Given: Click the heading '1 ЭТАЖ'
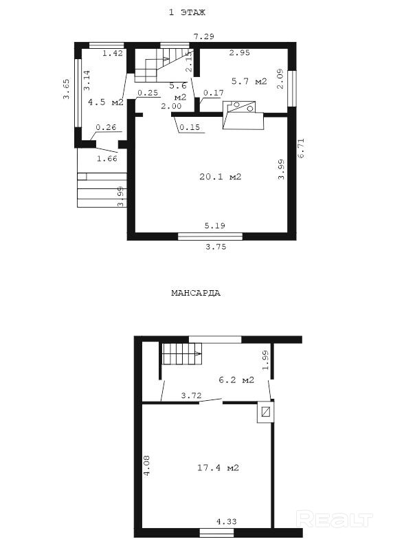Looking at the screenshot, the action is [x=187, y=12].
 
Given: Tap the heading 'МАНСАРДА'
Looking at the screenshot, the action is [x=196, y=293].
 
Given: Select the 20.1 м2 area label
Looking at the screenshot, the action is [x=221, y=177].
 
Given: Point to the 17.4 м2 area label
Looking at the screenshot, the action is [x=218, y=468].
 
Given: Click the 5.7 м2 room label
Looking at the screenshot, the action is [x=249, y=81].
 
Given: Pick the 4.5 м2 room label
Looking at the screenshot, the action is [x=106, y=102].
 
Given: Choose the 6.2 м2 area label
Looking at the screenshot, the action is [x=236, y=380].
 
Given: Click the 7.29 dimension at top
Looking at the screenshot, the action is [x=204, y=36].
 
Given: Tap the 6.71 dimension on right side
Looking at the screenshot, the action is [x=301, y=149].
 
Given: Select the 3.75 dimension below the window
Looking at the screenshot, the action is [x=216, y=247].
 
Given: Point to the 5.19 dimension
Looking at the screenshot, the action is [x=215, y=226].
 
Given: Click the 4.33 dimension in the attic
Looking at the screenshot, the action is [x=226, y=522].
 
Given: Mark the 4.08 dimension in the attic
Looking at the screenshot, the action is [x=147, y=465].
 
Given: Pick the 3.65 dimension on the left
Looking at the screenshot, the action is [x=67, y=89].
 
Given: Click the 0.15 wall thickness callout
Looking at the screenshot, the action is [x=190, y=127].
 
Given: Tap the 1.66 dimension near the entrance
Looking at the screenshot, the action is [x=107, y=159].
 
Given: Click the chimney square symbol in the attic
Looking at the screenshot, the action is [x=266, y=412].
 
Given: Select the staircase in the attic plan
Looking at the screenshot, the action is [x=181, y=353].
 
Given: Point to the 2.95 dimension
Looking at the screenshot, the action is [x=240, y=53].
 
